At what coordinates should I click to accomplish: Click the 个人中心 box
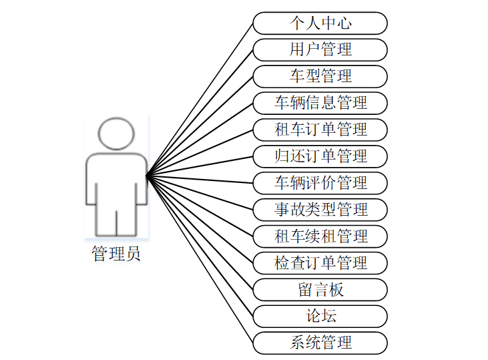coord(320,23)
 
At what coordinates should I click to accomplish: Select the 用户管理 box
coord(320,50)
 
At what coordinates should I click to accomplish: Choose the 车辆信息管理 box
coord(320,103)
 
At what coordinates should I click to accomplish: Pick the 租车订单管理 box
coord(320,130)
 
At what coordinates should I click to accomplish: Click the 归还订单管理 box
coord(320,156)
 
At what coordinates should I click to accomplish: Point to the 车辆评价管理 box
coord(320,182)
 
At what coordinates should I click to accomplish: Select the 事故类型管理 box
coord(320,210)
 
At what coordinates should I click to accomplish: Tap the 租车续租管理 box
coord(320,236)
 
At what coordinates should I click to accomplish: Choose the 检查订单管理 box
coord(320,262)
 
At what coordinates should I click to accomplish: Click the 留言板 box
coord(320,290)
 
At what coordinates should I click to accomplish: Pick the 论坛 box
coord(320,317)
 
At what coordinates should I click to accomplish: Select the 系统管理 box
coord(320,343)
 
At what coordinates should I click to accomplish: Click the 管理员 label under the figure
coord(116,254)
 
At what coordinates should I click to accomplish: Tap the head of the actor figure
coord(116,134)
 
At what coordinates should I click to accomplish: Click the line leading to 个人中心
coord(200,100)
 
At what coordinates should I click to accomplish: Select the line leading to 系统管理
coord(200,259)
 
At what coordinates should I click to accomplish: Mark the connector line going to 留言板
coord(200,232)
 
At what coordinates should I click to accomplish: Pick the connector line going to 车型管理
coord(200,126)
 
